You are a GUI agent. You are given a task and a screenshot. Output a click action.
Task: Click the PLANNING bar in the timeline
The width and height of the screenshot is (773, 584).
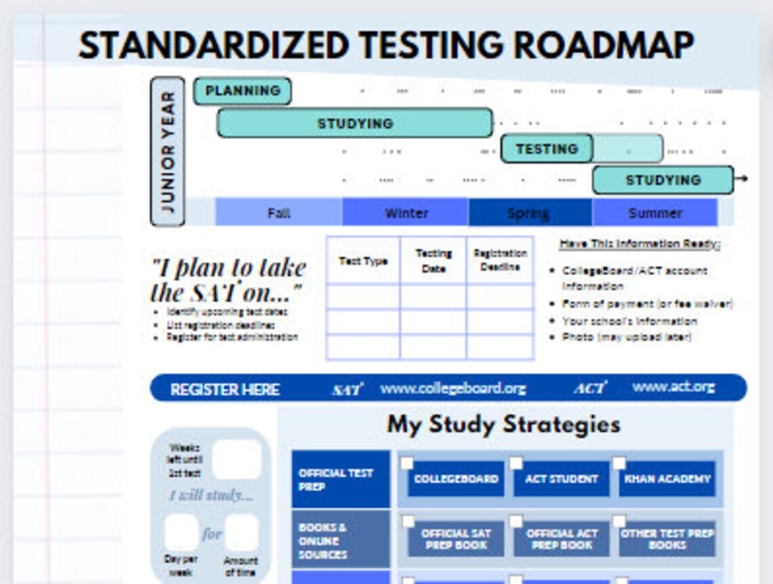[242, 91]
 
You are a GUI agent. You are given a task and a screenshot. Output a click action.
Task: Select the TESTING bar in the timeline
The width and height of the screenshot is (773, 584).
[547, 149]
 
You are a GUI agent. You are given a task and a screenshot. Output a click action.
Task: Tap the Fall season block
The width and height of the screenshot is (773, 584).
[279, 212]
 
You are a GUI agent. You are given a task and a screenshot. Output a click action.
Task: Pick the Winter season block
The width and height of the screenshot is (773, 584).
[405, 212]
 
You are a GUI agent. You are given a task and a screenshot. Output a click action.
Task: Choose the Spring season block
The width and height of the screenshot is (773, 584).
[529, 212]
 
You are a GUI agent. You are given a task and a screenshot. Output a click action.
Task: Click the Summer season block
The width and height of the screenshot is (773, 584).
[654, 212]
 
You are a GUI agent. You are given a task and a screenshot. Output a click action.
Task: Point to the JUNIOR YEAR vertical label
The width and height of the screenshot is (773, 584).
[167, 151]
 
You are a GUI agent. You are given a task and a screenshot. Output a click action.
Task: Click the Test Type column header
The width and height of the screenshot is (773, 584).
[363, 260]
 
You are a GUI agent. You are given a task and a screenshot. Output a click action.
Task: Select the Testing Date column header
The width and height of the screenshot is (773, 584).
[433, 260]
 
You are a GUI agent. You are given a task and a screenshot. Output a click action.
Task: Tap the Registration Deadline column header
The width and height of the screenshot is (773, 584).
[500, 260]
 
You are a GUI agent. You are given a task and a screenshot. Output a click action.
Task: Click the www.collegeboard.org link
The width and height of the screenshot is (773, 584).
[452, 388]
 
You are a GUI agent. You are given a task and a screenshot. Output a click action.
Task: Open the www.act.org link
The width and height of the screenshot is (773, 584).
[673, 387]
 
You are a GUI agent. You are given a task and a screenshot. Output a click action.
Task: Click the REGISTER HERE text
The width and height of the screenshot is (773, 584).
[224, 389]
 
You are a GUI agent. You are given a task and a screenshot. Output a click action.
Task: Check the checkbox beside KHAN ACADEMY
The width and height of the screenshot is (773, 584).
[619, 463]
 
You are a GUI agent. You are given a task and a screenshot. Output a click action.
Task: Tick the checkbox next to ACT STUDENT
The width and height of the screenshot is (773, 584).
[516, 463]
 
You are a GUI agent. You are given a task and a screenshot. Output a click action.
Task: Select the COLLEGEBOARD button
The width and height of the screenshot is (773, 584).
[456, 479]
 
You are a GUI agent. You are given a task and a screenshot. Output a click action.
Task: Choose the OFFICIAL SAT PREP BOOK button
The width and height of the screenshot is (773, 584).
[456, 539]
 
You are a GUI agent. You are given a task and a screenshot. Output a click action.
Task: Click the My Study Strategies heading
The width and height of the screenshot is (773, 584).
[503, 425]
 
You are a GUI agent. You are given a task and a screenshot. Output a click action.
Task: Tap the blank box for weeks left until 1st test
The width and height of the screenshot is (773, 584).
[236, 459]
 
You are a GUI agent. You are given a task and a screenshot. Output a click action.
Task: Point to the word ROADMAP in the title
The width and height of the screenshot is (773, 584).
[603, 45]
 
